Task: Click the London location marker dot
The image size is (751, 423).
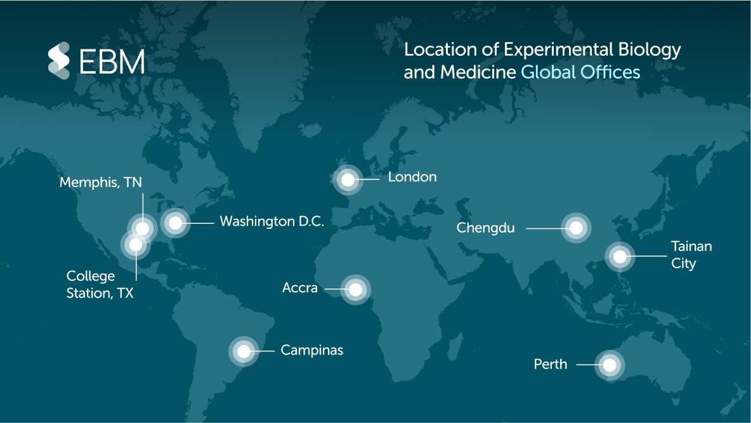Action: click(x=348, y=179)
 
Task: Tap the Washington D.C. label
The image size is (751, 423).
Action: click(x=271, y=221)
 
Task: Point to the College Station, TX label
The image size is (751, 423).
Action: click(x=100, y=285)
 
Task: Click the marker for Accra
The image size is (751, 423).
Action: click(x=356, y=290)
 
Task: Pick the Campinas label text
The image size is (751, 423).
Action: click(x=311, y=350)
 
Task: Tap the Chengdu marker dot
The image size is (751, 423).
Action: click(x=576, y=228)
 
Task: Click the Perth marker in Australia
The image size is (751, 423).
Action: click(x=610, y=365)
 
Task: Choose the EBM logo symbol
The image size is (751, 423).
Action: click(x=59, y=61)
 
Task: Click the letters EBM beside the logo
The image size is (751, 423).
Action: click(x=112, y=62)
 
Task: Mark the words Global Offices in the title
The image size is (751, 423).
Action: click(x=580, y=72)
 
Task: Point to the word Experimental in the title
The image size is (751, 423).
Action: click(x=546, y=49)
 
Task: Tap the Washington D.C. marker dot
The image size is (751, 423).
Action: click(x=175, y=222)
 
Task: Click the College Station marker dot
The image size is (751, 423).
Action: click(x=136, y=244)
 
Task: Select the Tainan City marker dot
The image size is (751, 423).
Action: click(x=620, y=257)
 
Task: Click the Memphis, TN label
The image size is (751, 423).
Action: click(x=101, y=183)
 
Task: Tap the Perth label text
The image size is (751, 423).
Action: click(x=551, y=365)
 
